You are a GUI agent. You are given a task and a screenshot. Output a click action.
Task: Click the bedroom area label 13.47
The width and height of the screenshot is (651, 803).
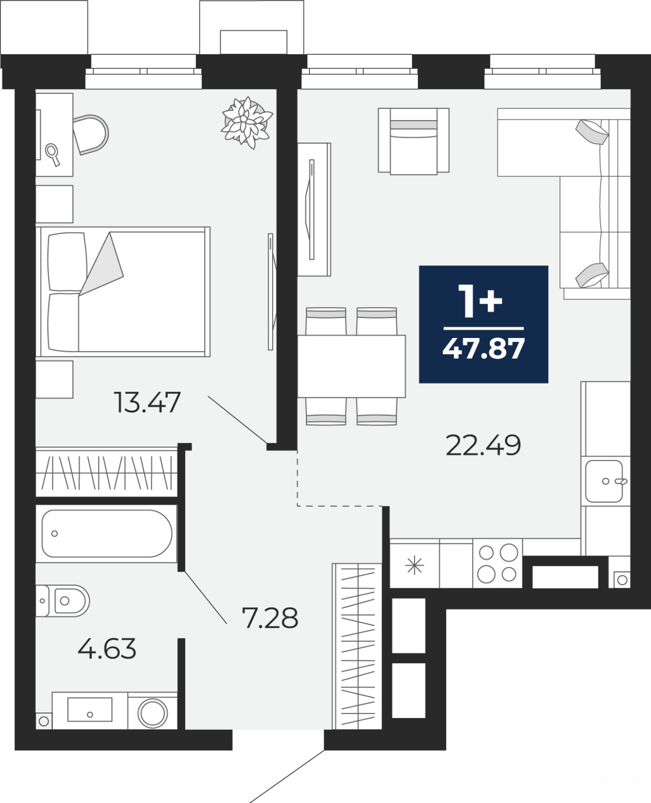tap(147, 402)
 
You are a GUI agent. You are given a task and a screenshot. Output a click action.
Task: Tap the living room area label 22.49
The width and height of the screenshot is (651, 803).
tap(483, 445)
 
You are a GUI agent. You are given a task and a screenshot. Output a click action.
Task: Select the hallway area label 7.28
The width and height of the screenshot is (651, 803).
tap(270, 618)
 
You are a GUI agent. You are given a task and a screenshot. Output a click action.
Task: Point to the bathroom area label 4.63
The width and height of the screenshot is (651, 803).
tap(106, 648)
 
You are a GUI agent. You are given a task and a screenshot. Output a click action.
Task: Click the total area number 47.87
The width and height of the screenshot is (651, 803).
tap(484, 349)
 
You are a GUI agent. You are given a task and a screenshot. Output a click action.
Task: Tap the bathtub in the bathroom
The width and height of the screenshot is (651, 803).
tap(106, 533)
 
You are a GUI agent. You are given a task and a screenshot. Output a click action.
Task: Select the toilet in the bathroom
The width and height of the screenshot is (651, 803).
tap(63, 601)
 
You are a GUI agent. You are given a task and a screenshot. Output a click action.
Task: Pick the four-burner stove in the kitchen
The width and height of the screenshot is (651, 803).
tap(498, 563)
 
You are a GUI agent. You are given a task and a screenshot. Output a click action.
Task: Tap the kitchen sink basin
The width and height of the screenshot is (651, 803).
tap(604, 481)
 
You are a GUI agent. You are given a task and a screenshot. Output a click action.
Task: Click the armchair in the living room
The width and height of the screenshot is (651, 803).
tap(413, 142)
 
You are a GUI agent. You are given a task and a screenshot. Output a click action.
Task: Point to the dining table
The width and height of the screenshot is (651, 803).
tap(351, 366)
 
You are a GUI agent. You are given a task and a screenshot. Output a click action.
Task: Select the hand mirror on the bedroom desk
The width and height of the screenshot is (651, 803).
tap(52, 154)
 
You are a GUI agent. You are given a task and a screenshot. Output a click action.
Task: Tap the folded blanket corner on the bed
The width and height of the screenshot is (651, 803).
tap(102, 264)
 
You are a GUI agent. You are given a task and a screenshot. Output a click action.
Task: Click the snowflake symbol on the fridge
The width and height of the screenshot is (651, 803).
tap(414, 565)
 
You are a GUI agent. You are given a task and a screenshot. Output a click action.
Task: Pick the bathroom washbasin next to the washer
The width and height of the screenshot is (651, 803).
tap(90, 709)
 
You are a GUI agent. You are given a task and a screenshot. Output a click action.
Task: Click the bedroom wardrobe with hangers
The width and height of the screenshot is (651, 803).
tap(106, 472)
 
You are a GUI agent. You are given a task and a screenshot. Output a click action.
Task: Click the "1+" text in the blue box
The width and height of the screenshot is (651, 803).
tap(480, 301)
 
